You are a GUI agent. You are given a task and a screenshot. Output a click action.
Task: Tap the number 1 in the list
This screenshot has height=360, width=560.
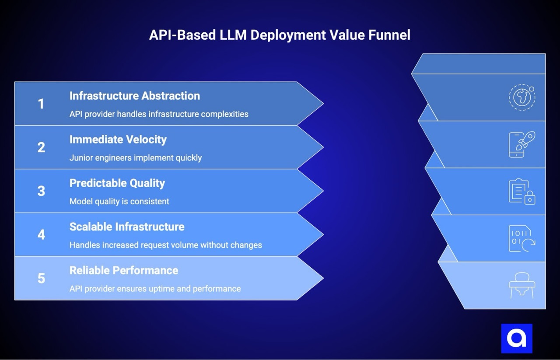click(x=41, y=104)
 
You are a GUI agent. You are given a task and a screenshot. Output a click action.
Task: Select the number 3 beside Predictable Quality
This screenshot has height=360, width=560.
click(x=41, y=191)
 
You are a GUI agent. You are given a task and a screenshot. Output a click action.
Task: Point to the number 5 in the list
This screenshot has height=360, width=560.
click(x=41, y=278)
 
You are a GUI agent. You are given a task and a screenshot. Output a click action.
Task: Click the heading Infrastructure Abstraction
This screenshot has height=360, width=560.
click(x=134, y=96)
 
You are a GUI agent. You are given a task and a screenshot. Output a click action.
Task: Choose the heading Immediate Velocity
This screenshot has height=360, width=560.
click(x=118, y=140)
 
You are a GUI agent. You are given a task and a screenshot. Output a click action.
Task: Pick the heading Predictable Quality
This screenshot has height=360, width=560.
click(x=117, y=183)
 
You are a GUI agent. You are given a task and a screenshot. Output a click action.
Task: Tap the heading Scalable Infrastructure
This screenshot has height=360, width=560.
click(x=126, y=227)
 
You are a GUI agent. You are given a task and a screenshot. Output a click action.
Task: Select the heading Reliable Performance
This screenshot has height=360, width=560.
click(x=123, y=270)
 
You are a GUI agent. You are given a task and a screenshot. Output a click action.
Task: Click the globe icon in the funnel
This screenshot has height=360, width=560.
click(x=522, y=97)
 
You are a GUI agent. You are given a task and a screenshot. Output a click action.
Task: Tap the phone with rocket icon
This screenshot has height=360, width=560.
click(x=522, y=144)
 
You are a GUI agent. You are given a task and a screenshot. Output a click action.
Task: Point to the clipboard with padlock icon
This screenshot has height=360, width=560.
click(x=522, y=191)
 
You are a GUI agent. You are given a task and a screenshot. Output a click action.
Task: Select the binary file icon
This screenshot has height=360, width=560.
click(x=522, y=238)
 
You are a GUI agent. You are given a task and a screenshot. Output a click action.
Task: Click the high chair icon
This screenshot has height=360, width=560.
click(x=522, y=286)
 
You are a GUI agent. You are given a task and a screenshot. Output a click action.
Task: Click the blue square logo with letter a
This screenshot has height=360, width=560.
click(x=517, y=338)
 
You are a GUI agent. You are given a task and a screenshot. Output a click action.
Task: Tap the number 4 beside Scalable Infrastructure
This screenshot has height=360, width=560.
click(x=41, y=235)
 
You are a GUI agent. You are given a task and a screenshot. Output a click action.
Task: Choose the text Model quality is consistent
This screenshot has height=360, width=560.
click(x=119, y=202)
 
